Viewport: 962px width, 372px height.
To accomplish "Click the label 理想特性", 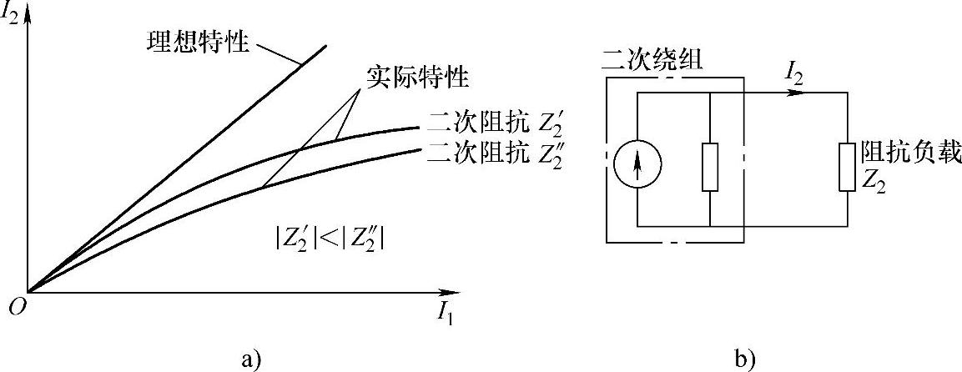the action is (x=194, y=41).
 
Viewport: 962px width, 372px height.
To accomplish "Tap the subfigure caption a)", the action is (x=249, y=359).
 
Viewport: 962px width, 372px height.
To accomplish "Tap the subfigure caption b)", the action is (x=744, y=359).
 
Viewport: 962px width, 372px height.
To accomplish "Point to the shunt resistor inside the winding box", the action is (x=709, y=167).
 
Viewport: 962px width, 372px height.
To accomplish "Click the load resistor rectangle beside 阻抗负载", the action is (x=847, y=167).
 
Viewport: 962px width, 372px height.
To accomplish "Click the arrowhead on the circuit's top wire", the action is (x=801, y=92).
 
